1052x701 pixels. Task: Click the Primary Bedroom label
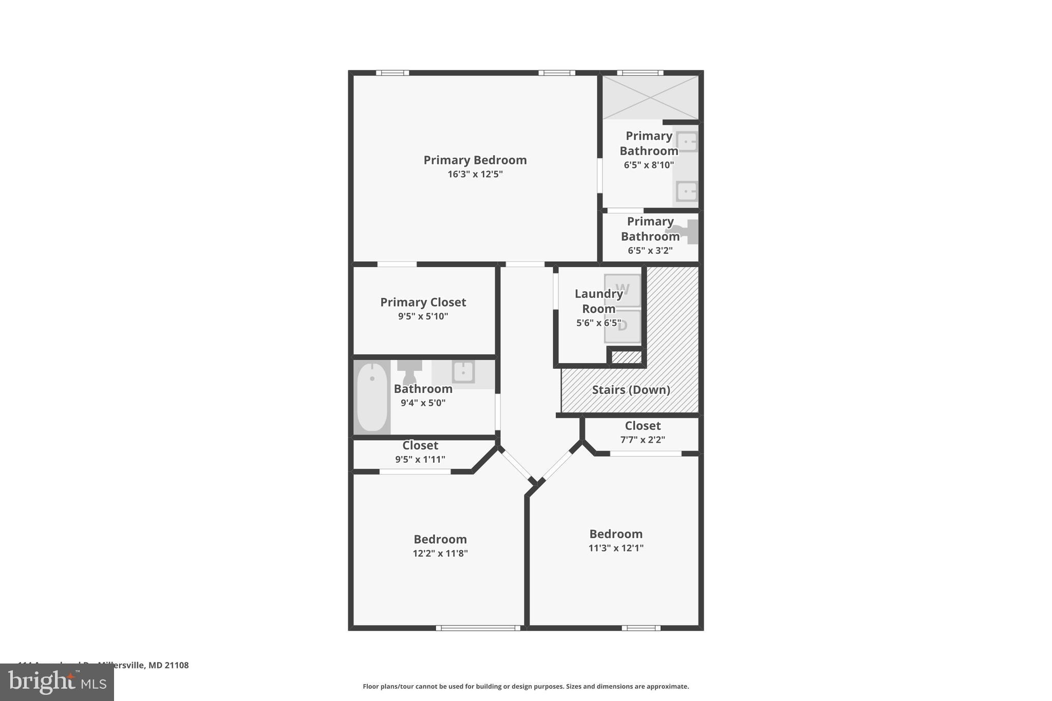click(475, 160)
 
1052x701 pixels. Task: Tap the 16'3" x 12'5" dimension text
click(475, 174)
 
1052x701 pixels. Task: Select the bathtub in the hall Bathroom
click(372, 397)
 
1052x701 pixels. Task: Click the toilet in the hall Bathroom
click(409, 371)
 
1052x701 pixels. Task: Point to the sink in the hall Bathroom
click(463, 371)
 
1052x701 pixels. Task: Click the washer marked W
click(623, 290)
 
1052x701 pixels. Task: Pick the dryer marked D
click(623, 326)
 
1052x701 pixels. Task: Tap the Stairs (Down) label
click(631, 390)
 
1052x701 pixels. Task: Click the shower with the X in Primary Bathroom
click(650, 97)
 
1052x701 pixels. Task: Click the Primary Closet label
click(423, 302)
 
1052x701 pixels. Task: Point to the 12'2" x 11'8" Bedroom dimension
click(440, 554)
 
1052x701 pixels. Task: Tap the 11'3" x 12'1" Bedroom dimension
click(615, 548)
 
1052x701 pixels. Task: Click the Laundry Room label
click(598, 301)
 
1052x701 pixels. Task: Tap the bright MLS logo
click(57, 683)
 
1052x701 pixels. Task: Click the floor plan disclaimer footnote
click(525, 687)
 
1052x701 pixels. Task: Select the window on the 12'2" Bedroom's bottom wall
click(478, 628)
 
